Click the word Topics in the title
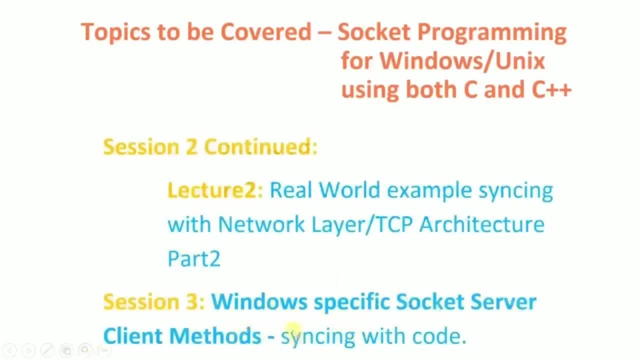point(115,32)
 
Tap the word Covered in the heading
point(266,31)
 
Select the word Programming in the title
point(492,32)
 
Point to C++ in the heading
point(551,89)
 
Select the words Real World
point(325,189)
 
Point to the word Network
point(261,224)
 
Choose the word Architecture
point(482,224)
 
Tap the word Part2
point(194,259)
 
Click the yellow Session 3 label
point(154,301)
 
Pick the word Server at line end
point(503,301)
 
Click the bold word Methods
point(215,335)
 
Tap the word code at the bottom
point(439,335)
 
